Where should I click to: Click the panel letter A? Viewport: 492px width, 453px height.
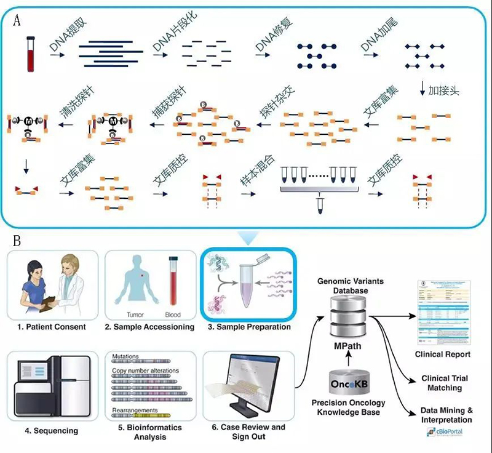pyautogui.click(x=17, y=20)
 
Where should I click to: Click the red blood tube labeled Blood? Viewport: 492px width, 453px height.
pyautogui.click(x=173, y=283)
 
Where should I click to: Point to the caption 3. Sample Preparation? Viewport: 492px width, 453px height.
pyautogui.click(x=249, y=327)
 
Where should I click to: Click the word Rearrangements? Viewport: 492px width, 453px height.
pyautogui.click(x=135, y=411)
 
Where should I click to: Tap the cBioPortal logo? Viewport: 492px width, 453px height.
pyautogui.click(x=443, y=433)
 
